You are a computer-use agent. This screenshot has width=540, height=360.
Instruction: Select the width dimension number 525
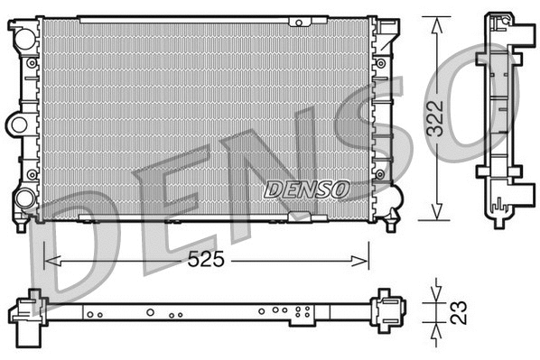pos(206,260)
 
